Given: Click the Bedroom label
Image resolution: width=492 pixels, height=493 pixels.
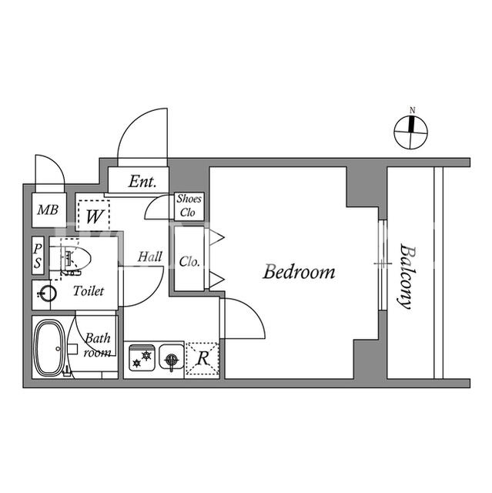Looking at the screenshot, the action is pyautogui.click(x=299, y=272).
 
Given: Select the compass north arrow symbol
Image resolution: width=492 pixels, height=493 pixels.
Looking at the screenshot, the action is pyautogui.click(x=410, y=132).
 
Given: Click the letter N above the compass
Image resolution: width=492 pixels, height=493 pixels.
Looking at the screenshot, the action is pyautogui.click(x=413, y=110).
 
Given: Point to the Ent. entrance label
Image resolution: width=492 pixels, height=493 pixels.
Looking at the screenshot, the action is pyautogui.click(x=142, y=182).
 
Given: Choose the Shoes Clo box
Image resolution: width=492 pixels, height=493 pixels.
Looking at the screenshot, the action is pyautogui.click(x=189, y=206).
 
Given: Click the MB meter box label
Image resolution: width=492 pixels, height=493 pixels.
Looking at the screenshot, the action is pyautogui.click(x=48, y=210).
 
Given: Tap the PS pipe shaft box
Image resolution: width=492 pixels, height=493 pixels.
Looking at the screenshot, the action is pyautogui.click(x=38, y=256).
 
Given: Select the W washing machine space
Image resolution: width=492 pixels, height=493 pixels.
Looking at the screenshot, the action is pyautogui.click(x=94, y=216).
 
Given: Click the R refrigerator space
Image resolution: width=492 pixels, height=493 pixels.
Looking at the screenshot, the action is pyautogui.click(x=202, y=359).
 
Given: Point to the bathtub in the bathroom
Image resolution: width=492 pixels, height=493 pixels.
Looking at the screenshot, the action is pyautogui.click(x=49, y=347).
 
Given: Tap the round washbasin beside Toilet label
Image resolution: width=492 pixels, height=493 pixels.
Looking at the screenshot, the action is pyautogui.click(x=48, y=293).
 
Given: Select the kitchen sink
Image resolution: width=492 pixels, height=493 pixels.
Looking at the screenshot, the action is pyautogui.click(x=172, y=357).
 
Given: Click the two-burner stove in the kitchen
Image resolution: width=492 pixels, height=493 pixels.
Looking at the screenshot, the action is pyautogui.click(x=142, y=358).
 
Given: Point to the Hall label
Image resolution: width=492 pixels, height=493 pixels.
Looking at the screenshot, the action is pyautogui.click(x=150, y=257).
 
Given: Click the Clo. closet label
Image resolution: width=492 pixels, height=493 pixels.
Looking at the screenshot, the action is pyautogui.click(x=189, y=262).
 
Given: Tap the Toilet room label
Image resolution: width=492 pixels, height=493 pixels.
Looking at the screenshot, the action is pyautogui.click(x=89, y=291).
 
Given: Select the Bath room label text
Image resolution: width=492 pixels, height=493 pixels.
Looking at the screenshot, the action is pyautogui.click(x=97, y=345).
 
